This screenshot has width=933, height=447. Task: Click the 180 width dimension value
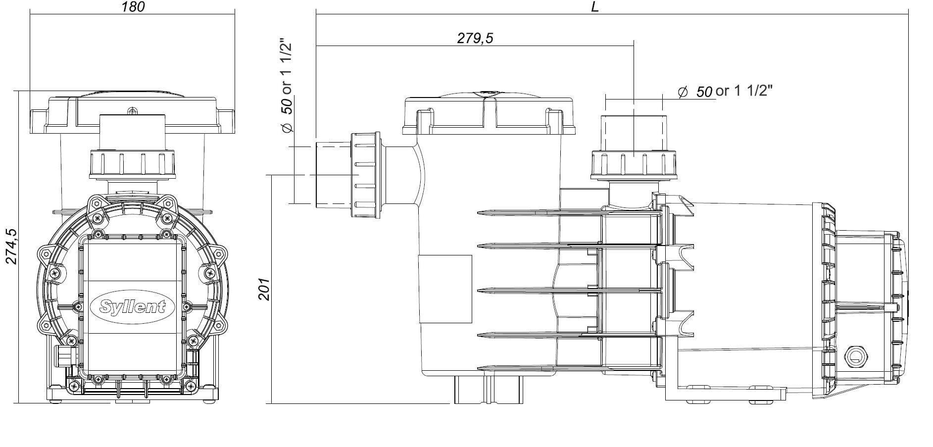133,7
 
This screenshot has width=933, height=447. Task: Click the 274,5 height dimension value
11,246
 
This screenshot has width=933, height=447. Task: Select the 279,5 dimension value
475,38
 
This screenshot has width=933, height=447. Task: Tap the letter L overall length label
595,7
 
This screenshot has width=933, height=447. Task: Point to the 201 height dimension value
264,289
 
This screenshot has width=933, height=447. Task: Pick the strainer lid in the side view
489,115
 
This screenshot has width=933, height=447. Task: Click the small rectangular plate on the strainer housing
445,289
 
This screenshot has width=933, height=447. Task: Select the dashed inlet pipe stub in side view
333,174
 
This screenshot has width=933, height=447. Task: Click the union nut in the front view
133,163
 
